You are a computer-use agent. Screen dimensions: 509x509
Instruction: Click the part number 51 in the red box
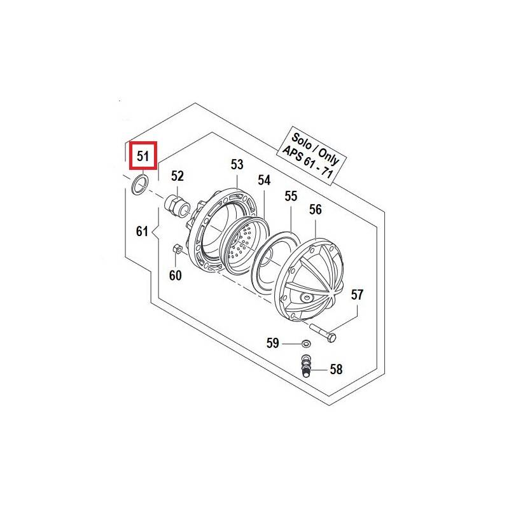click(143, 156)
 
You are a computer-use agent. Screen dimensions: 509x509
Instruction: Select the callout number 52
click(178, 176)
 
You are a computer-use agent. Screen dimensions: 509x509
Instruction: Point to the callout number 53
click(237, 165)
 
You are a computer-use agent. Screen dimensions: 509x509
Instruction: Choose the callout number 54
click(264, 180)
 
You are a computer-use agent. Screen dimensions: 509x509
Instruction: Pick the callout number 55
click(291, 196)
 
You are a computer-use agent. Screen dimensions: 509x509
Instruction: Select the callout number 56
click(316, 210)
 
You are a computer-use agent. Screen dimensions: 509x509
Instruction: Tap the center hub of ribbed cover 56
click(307, 297)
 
